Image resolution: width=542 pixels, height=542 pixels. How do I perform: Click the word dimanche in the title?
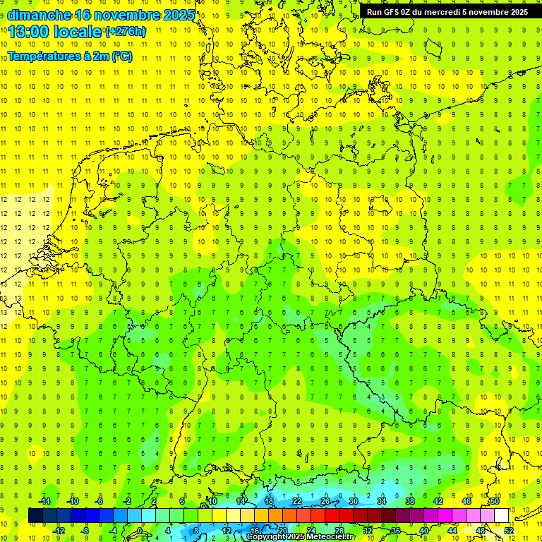[x=40, y=15]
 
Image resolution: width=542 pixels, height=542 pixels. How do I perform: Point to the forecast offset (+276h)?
[x=126, y=32]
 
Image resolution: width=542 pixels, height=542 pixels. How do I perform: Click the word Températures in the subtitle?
[x=39, y=56]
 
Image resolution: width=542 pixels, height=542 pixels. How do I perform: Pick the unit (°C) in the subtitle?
[x=121, y=56]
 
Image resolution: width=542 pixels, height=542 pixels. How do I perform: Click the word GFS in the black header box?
[x=395, y=12]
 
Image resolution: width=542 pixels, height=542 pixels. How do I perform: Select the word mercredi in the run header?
[x=457, y=12]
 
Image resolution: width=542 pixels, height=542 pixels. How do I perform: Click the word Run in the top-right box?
[x=375, y=12]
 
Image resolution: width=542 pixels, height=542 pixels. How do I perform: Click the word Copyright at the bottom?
[x=267, y=537]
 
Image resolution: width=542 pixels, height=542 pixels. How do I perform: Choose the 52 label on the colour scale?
[x=509, y=530]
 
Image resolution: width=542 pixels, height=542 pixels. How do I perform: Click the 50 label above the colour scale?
[x=495, y=501]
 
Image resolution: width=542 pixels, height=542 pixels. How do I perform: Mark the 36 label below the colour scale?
[x=396, y=530]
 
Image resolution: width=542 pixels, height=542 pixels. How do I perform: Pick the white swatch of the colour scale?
[x=501, y=516]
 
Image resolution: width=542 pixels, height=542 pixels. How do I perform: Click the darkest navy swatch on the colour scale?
[x=35, y=516]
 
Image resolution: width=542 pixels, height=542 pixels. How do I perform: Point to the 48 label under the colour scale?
[x=481, y=530]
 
